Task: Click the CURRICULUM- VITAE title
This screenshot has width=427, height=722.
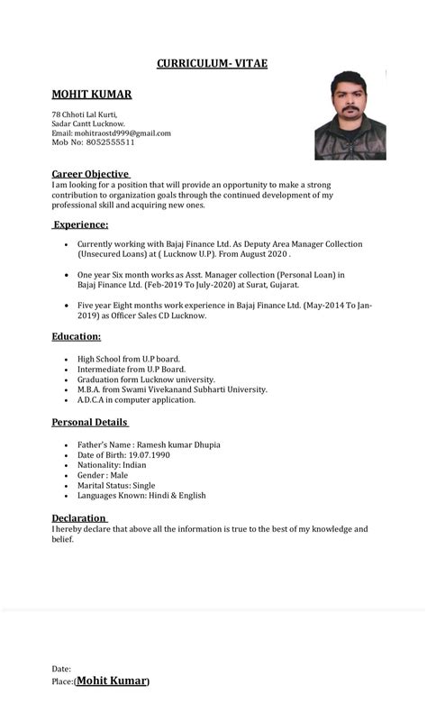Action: coord(212,63)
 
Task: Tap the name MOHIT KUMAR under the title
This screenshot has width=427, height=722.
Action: coord(91,94)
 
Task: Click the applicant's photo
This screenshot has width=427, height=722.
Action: coord(350,114)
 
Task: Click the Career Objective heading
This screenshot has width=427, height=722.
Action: coord(90,174)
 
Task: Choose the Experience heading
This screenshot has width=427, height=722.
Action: coord(80,224)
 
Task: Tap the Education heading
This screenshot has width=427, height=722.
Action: coord(76,336)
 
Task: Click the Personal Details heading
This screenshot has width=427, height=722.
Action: coord(89,422)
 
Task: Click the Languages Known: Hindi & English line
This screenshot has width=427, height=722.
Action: coord(141,495)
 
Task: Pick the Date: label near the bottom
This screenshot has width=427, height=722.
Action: coord(61,669)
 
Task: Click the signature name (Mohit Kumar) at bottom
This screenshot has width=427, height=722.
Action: coord(113,681)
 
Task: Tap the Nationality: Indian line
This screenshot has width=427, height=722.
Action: coord(112,465)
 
